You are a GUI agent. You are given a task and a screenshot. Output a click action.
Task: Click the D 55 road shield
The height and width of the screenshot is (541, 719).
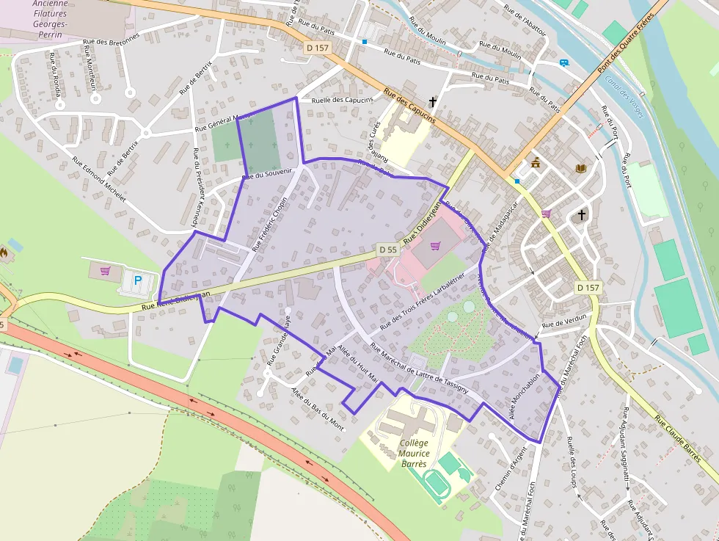click(388, 250)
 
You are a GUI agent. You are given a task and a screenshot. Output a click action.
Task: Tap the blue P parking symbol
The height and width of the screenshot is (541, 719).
click(136, 280)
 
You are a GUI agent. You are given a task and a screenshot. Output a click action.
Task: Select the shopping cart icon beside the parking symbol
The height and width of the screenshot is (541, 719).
click(105, 271)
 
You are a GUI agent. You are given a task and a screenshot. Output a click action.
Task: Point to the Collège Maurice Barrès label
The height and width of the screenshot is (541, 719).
click(415, 453)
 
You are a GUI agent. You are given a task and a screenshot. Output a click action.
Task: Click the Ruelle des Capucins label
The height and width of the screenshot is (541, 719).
click(342, 100)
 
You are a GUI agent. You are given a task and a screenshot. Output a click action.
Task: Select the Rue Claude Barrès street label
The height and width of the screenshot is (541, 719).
click(679, 440)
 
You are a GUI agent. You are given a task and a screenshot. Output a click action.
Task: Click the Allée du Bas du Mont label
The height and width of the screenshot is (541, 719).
click(317, 408)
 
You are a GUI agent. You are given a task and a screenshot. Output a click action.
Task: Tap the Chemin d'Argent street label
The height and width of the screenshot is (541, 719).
click(511, 468)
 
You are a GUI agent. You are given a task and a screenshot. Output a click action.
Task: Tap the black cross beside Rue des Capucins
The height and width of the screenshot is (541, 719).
click(433, 102)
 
